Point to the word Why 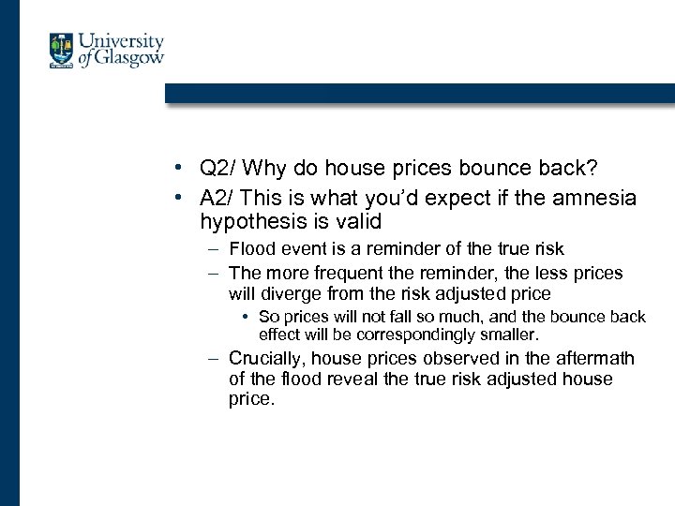(267, 169)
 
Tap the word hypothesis (253, 221)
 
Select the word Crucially (266, 358)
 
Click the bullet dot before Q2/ (177, 170)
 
